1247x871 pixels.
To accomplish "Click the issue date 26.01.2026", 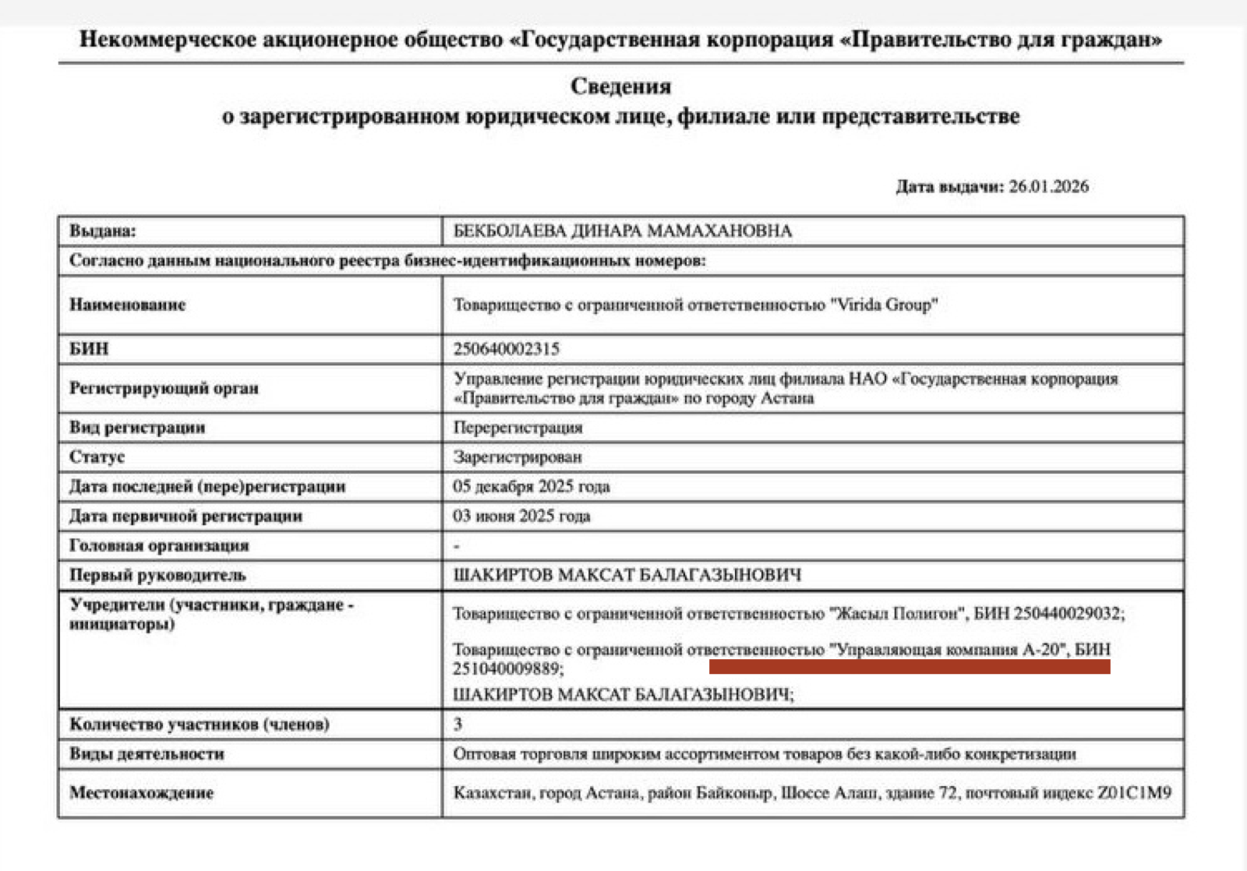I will click(1048, 187).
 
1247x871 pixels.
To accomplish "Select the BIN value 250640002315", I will click(507, 349).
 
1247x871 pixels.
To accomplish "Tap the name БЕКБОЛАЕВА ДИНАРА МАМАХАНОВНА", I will click(622, 231).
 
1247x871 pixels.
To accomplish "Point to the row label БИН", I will click(89, 349).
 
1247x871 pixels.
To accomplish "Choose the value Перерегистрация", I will click(518, 428).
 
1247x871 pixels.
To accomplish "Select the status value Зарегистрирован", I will click(518, 457).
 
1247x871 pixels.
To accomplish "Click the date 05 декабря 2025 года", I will click(532, 487).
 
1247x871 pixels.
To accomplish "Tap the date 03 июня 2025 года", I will click(521, 517).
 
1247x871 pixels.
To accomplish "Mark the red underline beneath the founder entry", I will click(910, 667).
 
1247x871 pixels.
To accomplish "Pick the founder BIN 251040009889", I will click(507, 669).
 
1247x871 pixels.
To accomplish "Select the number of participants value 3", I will click(458, 725).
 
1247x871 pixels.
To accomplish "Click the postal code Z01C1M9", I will click(1134, 793).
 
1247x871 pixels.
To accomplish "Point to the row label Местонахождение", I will click(141, 793).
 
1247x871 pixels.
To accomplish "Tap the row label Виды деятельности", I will click(147, 754).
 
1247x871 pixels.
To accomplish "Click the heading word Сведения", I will click(620, 86).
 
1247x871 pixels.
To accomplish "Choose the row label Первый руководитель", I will click(157, 576).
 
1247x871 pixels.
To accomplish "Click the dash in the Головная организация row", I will click(457, 546).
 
